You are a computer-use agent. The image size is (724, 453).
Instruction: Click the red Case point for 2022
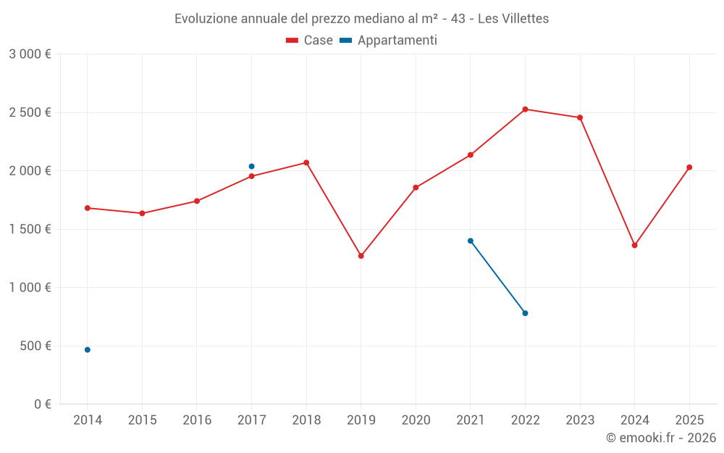[525, 109]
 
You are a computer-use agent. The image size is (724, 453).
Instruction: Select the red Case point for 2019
[361, 256]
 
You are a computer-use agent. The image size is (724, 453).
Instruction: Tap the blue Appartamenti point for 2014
[88, 350]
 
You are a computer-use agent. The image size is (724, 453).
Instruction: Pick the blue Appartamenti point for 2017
[251, 167]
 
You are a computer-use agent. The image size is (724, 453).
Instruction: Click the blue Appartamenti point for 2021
[471, 241]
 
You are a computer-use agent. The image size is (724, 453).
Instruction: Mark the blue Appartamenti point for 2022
[525, 313]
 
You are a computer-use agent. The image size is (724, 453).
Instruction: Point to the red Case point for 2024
[635, 245]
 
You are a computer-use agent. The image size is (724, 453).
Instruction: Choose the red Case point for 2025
[689, 167]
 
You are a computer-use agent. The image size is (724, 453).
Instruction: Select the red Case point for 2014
[88, 208]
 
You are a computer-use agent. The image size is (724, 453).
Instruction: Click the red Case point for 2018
[306, 162]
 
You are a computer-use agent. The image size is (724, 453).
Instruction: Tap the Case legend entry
[310, 41]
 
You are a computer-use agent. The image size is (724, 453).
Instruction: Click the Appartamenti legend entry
[389, 41]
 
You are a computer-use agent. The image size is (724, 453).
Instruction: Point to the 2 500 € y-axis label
[30, 112]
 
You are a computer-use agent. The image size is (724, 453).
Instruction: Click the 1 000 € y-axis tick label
[30, 288]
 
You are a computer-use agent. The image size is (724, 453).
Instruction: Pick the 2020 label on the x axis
[416, 420]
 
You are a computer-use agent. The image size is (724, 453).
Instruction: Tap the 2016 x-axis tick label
[197, 420]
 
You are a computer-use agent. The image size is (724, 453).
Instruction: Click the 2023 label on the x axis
[580, 420]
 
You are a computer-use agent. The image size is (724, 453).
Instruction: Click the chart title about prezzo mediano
[361, 19]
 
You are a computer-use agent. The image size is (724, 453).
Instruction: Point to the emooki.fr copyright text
[660, 438]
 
